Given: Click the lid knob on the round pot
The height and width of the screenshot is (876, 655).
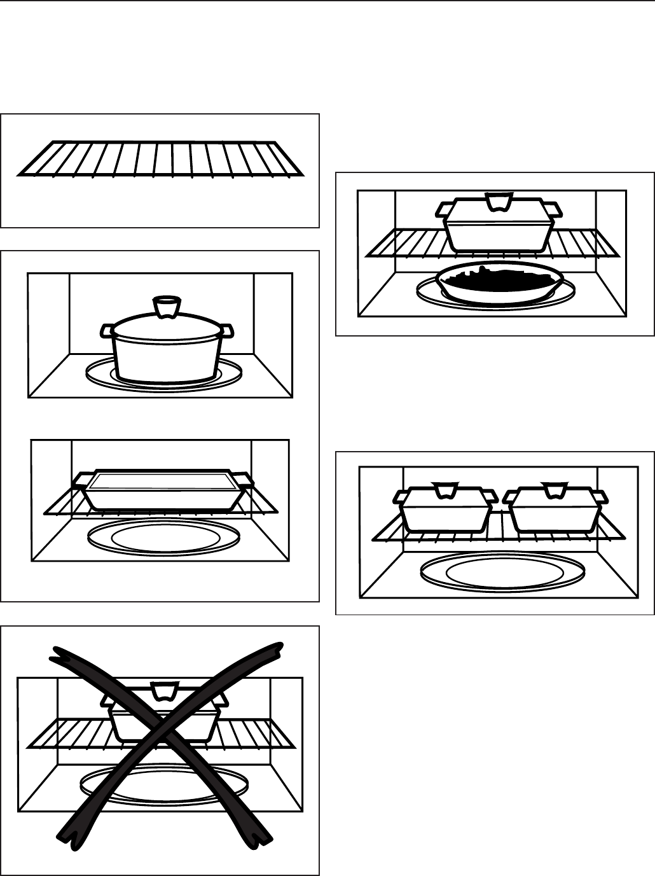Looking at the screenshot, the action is tap(165, 307).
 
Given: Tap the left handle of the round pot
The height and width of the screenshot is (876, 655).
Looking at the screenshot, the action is tap(107, 330).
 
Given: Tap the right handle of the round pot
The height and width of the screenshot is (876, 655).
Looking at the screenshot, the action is tap(228, 330).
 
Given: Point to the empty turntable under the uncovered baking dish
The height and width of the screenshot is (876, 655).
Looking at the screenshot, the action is tap(163, 536).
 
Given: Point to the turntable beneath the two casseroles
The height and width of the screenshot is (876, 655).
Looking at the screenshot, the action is tap(502, 569).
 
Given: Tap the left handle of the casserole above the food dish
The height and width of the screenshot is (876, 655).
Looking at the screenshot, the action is tap(444, 209).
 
